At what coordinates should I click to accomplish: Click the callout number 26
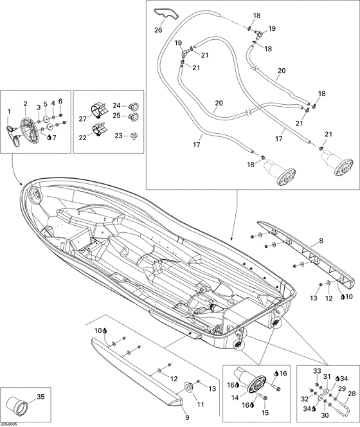point(158,29)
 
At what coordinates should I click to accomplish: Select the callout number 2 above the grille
point(25,103)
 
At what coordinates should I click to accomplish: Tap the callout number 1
point(8,112)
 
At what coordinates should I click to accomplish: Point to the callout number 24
point(116,104)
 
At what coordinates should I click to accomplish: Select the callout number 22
point(82,138)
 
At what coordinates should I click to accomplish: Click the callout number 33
point(316,371)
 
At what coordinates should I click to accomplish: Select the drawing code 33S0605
point(10,422)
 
